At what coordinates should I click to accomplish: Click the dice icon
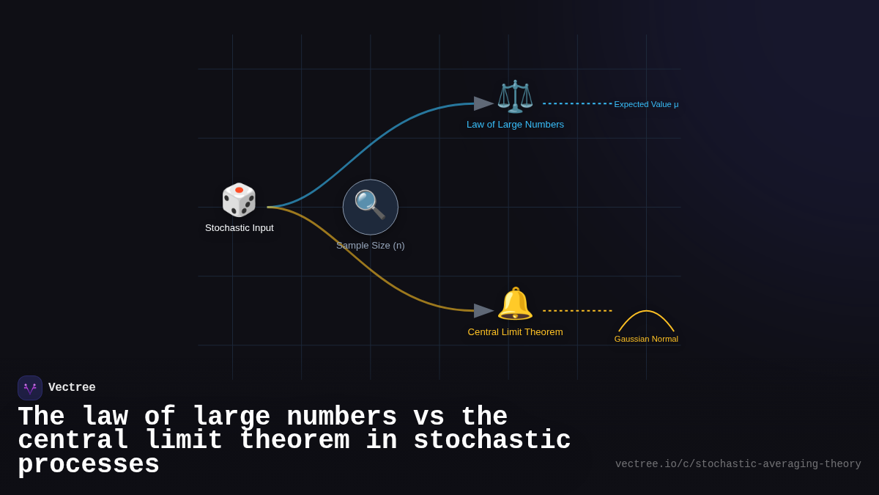[239, 199]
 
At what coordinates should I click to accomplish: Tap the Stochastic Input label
[239, 228]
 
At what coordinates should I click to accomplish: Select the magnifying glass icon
[370, 205]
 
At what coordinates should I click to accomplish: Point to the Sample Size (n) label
[370, 246]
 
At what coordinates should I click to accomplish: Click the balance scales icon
[515, 96]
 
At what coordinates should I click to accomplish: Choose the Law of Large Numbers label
[515, 125]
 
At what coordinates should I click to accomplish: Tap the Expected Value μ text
[646, 104]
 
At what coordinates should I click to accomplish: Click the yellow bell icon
[515, 303]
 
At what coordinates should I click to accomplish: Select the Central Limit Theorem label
[515, 332]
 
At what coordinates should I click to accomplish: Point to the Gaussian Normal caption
[646, 339]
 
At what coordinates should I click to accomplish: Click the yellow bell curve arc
[646, 312]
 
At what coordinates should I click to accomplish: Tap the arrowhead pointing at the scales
[483, 103]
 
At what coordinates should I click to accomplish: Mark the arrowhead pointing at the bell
[483, 311]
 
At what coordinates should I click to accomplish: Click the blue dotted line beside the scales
[577, 103]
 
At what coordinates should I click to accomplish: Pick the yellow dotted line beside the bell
[577, 311]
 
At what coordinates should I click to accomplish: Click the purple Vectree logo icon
[30, 388]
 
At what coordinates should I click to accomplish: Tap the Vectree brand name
[72, 388]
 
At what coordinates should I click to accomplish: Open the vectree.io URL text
[738, 464]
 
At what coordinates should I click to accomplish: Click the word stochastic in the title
[492, 441]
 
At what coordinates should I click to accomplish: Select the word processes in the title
[89, 465]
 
